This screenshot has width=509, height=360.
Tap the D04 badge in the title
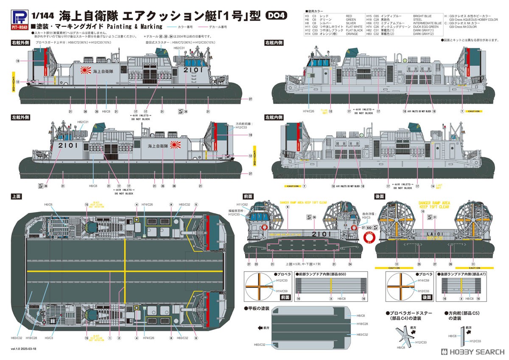[x=276, y=15]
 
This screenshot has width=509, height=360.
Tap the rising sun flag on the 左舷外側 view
[x=175, y=145]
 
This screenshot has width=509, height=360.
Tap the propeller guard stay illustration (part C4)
[x=403, y=338]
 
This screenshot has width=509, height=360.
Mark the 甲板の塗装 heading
[x=258, y=307]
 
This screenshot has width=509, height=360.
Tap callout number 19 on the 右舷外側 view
[x=18, y=61]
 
